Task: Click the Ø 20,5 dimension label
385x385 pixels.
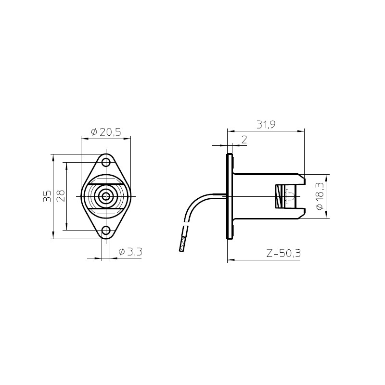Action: [106, 132]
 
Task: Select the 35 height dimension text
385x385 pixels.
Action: [47, 196]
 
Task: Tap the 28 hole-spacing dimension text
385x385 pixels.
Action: [61, 196]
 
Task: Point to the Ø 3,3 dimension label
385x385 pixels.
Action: [130, 252]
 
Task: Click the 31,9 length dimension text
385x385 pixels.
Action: [266, 125]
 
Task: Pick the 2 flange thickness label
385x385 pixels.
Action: [244, 140]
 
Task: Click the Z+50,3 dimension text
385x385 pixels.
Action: [283, 253]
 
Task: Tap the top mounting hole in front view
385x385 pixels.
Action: [106, 162]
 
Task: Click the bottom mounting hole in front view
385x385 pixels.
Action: [106, 231]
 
